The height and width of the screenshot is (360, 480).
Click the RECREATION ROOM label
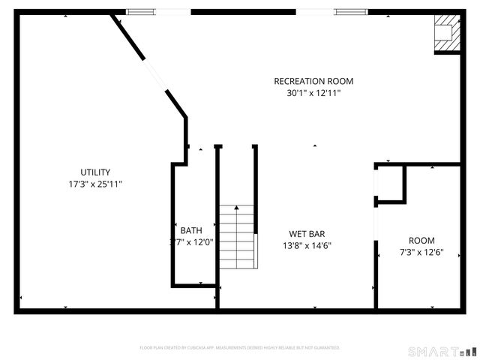point(313,81)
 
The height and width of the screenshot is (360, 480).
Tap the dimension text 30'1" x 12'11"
point(313,94)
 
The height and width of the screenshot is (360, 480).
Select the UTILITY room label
point(95,172)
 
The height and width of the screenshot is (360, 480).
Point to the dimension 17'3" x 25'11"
point(95,184)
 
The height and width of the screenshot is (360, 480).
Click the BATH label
point(190,230)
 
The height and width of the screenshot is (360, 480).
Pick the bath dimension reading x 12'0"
point(197,242)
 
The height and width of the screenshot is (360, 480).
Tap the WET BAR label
point(307,234)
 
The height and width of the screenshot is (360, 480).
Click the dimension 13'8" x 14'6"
point(307,245)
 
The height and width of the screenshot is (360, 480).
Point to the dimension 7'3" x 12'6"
point(421,253)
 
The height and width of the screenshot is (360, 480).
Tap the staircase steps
point(238,238)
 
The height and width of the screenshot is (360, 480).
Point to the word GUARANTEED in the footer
point(323,348)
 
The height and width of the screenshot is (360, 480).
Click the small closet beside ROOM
point(390,184)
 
